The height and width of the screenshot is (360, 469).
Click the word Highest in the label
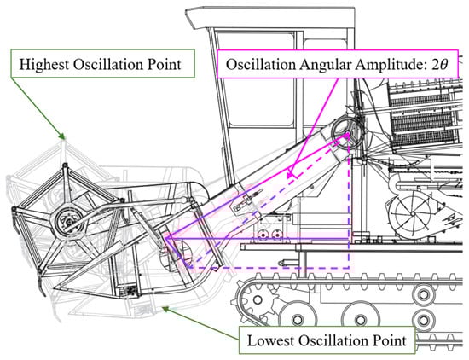(44, 64)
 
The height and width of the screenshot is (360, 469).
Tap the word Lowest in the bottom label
(270, 340)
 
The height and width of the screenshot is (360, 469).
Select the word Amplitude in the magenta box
(391, 65)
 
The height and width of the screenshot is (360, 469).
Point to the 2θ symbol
(439, 64)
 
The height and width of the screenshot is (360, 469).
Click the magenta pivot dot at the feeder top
(347, 135)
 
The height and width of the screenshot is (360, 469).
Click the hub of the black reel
(69, 222)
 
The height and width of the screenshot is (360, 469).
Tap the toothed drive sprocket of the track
(258, 299)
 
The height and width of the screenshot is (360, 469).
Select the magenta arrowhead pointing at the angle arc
(290, 175)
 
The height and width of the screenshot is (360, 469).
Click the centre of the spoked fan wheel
(413, 213)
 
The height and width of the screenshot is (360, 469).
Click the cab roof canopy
(270, 17)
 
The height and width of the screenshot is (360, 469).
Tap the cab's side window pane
(255, 79)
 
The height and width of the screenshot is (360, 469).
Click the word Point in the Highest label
(165, 64)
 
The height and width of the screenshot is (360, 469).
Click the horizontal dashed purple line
(269, 268)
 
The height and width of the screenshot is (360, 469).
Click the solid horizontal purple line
(257, 239)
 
